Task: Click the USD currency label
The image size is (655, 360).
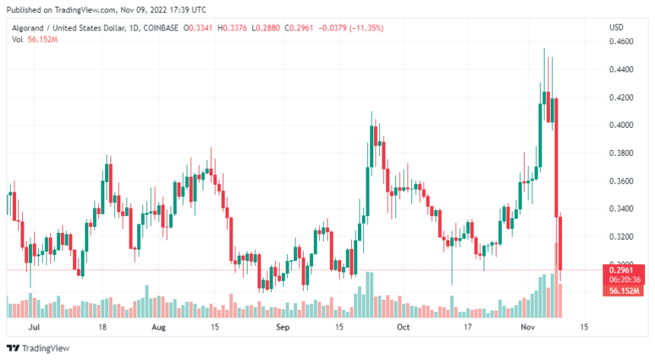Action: (616, 27)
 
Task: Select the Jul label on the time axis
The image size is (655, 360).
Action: (33, 327)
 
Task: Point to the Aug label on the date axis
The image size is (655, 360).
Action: (158, 327)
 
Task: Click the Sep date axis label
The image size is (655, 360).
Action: (283, 327)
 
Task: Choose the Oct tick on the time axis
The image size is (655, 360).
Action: (404, 327)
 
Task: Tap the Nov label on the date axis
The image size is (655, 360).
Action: (528, 327)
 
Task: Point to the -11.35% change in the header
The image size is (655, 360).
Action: (366, 28)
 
